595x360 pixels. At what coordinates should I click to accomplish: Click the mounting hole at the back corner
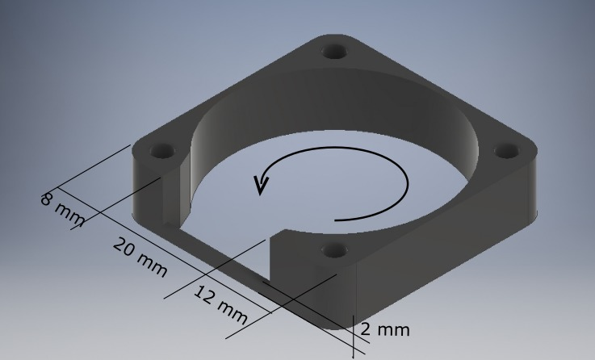334,52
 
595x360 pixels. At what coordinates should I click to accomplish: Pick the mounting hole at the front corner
332,250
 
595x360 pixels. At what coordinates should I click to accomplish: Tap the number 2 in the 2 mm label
366,329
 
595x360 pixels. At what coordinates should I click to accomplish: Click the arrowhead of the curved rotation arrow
260,186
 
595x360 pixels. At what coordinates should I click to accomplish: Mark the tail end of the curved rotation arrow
337,219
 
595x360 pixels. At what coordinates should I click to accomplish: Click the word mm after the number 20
150,263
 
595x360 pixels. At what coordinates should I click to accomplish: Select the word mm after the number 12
231,307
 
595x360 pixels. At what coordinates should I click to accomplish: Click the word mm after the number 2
393,329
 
